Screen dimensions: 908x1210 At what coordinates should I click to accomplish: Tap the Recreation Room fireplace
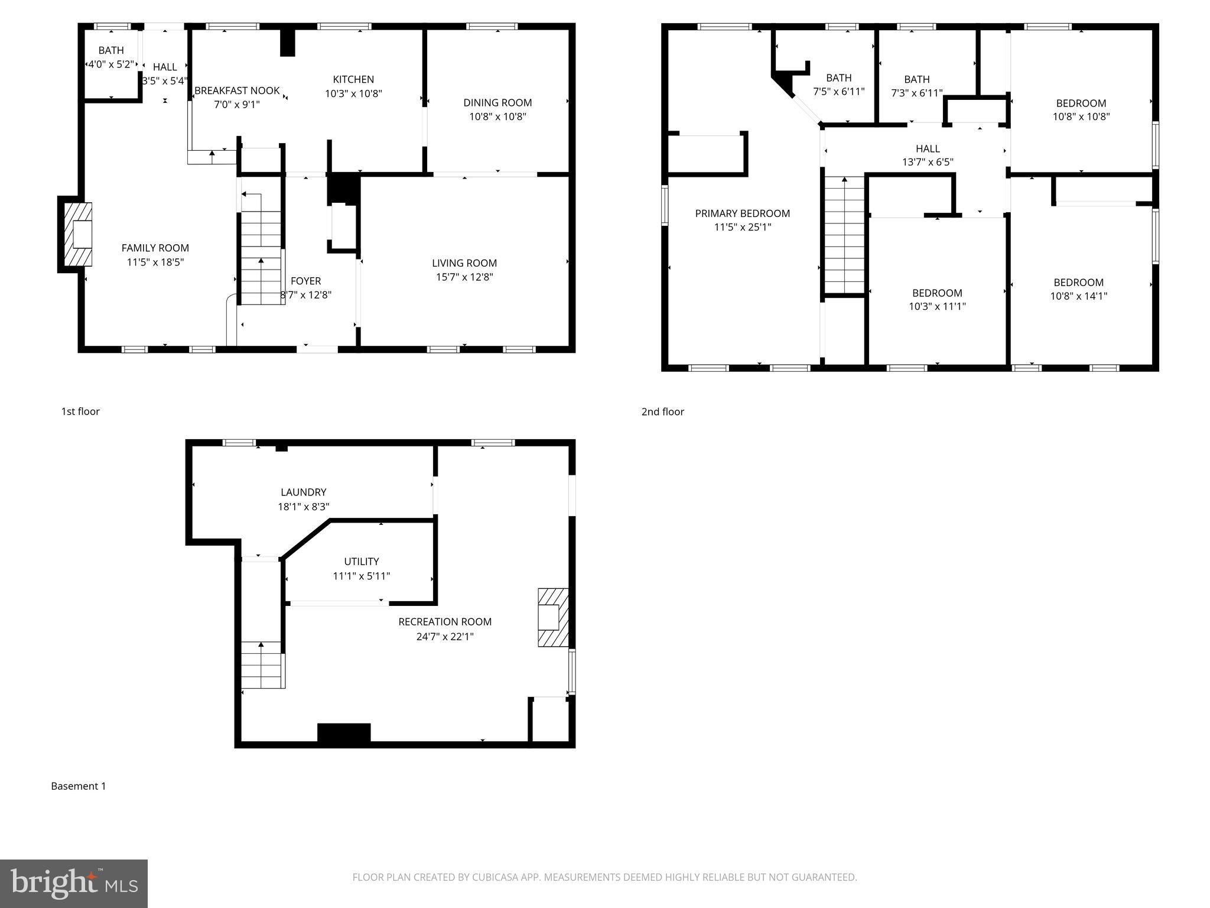coord(553,617)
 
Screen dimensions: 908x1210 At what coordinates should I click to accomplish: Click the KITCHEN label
coord(353,79)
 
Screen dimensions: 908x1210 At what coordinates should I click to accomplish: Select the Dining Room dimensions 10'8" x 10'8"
coord(497,116)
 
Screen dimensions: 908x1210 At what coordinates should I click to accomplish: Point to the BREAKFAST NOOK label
coord(237,90)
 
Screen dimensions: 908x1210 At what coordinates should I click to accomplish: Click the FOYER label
coord(305,281)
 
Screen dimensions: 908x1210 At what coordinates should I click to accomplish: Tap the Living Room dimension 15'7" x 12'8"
coord(464,277)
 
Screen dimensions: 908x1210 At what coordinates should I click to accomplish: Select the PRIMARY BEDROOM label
coord(742,213)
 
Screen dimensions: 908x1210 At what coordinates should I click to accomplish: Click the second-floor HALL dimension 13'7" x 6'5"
coord(928,162)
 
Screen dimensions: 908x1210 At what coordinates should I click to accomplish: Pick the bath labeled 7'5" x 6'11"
coord(838,92)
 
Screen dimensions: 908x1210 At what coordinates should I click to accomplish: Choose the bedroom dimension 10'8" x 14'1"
coord(1078,296)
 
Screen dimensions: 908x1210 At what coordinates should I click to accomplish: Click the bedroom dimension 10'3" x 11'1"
coord(937,306)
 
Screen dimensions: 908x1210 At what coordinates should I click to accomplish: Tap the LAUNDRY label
coord(303,492)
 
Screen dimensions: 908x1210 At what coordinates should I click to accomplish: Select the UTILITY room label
coord(361,561)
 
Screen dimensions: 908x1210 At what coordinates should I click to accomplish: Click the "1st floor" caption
coord(80,411)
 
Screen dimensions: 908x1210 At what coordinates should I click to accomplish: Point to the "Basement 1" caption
coord(78,786)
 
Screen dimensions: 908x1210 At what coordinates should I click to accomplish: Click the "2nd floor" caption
coord(662,411)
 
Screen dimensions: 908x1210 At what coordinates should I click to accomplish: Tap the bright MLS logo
coord(74,883)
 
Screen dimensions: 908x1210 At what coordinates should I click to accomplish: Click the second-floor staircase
coord(845,236)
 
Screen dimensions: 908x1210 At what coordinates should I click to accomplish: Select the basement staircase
coord(262,665)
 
